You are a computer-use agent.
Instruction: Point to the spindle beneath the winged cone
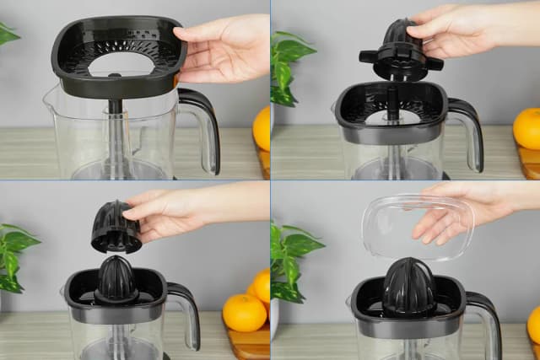click(391, 101)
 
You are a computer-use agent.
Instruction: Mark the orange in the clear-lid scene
click(534, 325)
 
